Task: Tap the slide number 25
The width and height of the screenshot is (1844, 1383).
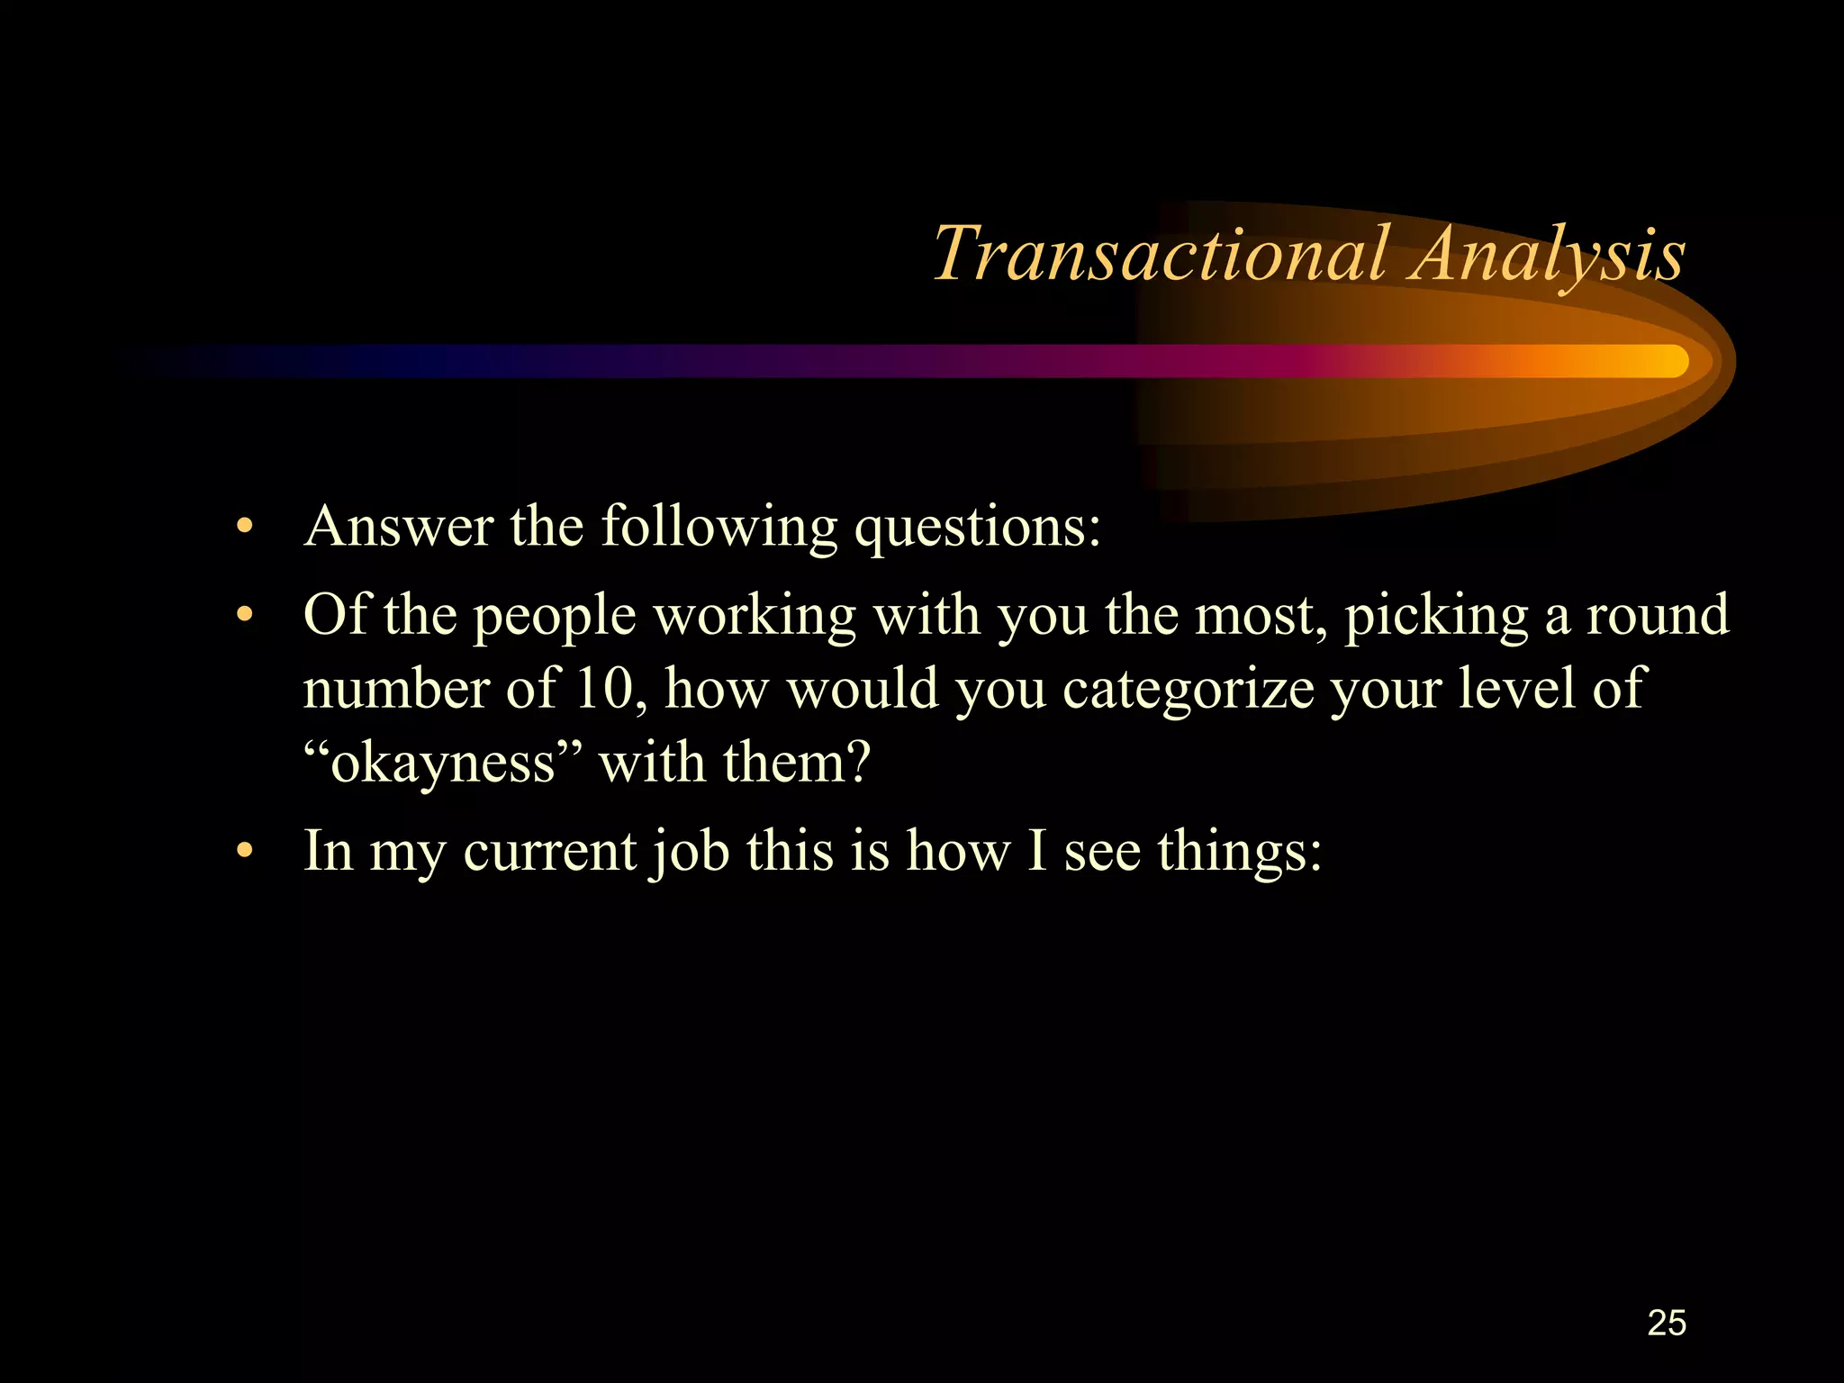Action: [1666, 1323]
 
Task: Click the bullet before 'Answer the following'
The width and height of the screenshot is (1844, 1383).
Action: [243, 528]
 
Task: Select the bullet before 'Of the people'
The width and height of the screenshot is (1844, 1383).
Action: [243, 618]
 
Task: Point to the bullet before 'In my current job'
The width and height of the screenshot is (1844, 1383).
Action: [243, 852]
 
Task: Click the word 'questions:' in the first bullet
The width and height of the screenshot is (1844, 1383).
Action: [977, 528]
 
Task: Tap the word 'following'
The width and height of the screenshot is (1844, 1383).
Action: [719, 526]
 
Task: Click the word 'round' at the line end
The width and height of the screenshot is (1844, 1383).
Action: [1657, 616]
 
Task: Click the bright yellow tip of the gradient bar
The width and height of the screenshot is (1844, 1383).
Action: [1670, 361]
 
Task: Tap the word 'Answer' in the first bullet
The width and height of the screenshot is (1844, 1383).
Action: [398, 526]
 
